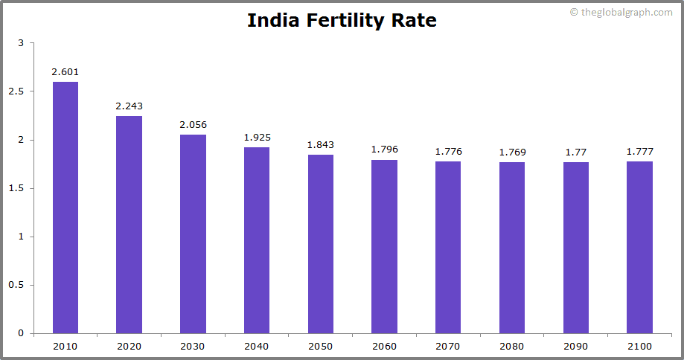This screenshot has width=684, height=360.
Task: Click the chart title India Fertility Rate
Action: click(342, 21)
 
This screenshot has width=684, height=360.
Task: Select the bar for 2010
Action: click(65, 208)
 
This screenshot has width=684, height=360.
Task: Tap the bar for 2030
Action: click(193, 234)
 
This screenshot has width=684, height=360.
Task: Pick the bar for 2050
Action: click(321, 244)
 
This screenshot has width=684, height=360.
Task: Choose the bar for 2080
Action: click(512, 248)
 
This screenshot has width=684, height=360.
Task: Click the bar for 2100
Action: click(639, 247)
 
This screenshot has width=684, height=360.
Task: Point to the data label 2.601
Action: click(65, 72)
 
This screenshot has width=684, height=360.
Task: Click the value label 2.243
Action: click(129, 106)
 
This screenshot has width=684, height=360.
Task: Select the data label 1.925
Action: click(257, 138)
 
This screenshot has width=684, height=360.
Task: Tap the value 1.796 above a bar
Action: click(384, 150)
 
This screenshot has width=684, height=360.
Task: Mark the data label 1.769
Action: click(512, 152)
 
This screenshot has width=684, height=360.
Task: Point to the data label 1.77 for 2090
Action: click(575, 152)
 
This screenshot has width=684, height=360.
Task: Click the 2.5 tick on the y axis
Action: click(16, 91)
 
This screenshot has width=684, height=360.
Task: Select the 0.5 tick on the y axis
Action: click(16, 285)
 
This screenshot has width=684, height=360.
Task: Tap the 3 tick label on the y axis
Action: click(21, 43)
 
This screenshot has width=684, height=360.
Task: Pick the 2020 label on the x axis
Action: click(129, 346)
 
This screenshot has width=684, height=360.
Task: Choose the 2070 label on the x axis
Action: click(448, 346)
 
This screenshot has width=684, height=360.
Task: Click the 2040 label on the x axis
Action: click(257, 346)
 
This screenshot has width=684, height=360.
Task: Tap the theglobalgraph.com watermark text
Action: click(625, 12)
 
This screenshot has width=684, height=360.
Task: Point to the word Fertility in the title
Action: click(348, 21)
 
